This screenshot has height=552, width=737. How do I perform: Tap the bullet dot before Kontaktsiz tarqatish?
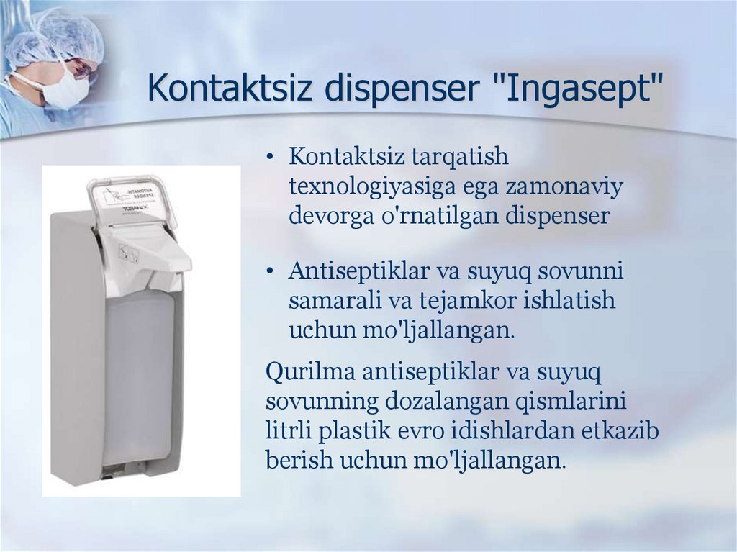coord(270,158)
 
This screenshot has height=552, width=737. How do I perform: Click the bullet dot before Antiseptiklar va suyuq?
coord(270,272)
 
